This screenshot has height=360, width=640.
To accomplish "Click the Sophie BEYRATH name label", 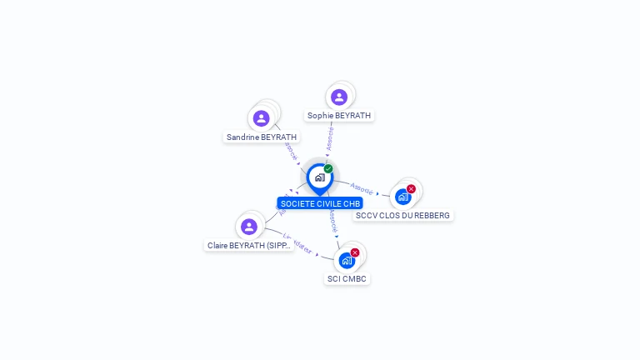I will pyautogui.click(x=339, y=116).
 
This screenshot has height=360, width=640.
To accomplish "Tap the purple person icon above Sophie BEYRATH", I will pyautogui.click(x=338, y=97).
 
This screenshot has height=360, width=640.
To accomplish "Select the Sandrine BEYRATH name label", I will pyautogui.click(x=262, y=137).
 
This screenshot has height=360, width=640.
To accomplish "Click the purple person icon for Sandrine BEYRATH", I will pyautogui.click(x=262, y=118).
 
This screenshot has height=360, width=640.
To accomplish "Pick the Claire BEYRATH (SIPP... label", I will pyautogui.click(x=249, y=246).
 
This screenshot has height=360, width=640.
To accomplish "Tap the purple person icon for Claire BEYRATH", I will pyautogui.click(x=248, y=226).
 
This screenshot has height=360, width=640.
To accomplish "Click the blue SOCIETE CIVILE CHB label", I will pyautogui.click(x=320, y=203).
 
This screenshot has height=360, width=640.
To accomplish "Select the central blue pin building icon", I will pyautogui.click(x=319, y=177).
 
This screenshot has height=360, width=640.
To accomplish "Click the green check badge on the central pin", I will pyautogui.click(x=328, y=168).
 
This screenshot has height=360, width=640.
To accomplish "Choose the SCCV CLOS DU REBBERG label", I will pyautogui.click(x=402, y=215).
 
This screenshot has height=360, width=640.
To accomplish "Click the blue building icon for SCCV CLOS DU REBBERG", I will pyautogui.click(x=402, y=197).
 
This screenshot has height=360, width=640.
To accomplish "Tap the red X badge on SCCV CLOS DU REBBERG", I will pyautogui.click(x=411, y=188).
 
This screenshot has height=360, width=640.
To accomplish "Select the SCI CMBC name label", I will pyautogui.click(x=347, y=278).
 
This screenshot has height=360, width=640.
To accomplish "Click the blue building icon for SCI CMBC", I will pyautogui.click(x=347, y=260).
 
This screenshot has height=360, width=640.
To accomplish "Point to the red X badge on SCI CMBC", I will pyautogui.click(x=355, y=252).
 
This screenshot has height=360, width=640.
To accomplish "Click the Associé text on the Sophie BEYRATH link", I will pyautogui.click(x=330, y=138).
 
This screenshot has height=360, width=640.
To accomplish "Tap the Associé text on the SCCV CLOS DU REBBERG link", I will pyautogui.click(x=362, y=188).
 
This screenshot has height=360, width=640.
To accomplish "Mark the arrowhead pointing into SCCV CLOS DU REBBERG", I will pyautogui.click(x=378, y=193).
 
